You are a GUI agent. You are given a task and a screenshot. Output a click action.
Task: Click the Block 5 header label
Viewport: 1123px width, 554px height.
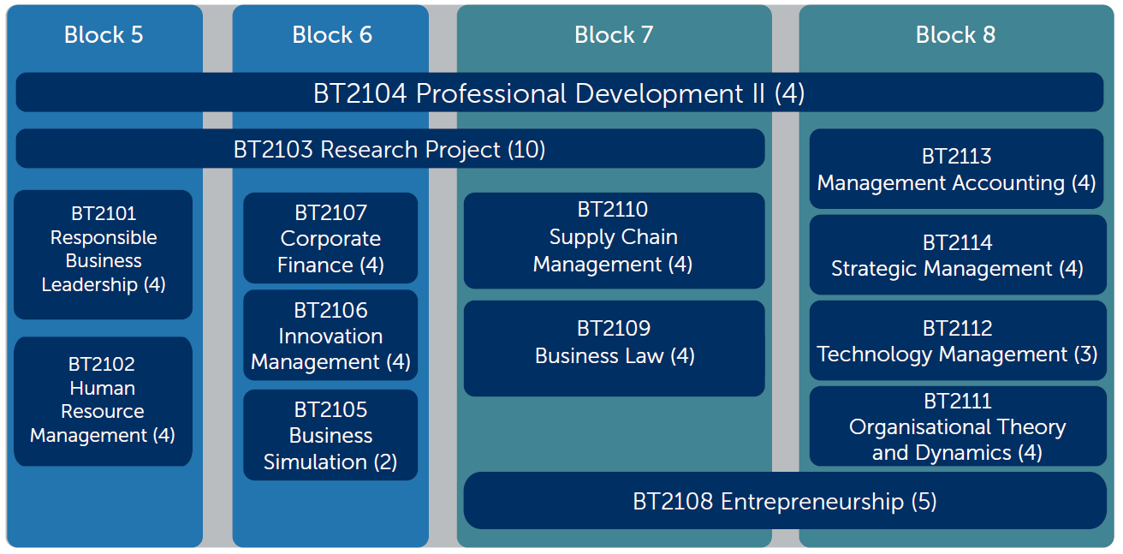104,35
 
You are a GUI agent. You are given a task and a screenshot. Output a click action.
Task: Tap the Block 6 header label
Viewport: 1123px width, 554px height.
332,35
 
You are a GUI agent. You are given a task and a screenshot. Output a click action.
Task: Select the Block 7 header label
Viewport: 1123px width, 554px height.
614,35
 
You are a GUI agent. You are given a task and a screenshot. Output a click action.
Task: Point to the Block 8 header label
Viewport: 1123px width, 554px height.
955,35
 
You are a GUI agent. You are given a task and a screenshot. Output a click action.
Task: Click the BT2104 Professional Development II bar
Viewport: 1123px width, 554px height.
560,92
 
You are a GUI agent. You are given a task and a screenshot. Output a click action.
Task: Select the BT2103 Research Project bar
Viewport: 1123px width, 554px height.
390,149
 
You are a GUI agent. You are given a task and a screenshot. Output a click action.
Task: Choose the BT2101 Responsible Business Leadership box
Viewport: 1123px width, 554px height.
104,254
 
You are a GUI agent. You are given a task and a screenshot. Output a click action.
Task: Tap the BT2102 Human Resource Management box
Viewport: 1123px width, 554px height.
104,401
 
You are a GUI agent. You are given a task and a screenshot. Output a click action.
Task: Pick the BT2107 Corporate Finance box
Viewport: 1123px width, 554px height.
330,238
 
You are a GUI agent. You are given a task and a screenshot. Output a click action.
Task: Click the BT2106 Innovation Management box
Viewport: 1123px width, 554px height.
330,335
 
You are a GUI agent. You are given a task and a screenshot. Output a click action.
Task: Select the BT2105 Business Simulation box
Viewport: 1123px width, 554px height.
330,435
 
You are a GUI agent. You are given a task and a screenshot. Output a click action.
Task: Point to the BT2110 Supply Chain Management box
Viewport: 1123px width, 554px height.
615,241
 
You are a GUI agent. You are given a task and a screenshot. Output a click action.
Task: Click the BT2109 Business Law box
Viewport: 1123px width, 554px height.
615,348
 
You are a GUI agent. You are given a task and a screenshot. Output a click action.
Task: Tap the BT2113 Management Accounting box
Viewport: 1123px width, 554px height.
957,169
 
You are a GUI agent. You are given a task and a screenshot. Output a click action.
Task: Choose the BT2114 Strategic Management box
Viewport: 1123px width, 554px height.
958,254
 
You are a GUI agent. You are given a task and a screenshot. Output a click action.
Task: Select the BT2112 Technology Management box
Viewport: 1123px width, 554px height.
958,341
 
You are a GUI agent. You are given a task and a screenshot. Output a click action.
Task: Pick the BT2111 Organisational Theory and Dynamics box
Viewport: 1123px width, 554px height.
958,426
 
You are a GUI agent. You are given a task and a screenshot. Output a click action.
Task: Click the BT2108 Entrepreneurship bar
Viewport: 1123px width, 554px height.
785,500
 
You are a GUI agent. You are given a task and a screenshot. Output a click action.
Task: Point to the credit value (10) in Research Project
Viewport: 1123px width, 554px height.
526,149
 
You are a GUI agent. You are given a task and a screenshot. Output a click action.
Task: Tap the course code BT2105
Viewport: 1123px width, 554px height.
330,409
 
